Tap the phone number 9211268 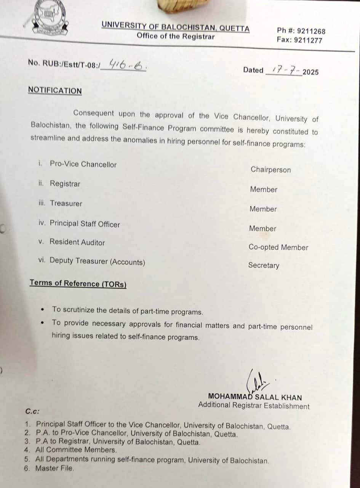point(312,31)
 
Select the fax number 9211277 point(309,40)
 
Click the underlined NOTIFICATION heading point(55,91)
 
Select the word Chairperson point(270,170)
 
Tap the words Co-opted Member point(278,247)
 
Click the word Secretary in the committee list point(264,265)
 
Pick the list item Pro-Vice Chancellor point(83,164)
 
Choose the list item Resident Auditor point(77,242)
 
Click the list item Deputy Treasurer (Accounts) point(97,262)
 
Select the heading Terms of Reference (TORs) point(78,284)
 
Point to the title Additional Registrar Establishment point(254,406)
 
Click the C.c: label point(32,411)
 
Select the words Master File point(54,469)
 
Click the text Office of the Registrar point(176,37)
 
